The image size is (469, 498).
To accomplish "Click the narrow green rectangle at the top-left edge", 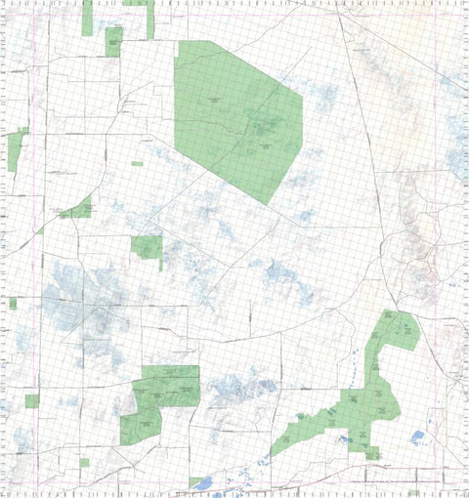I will point(87,18).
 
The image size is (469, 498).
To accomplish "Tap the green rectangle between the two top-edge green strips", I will point(113,41).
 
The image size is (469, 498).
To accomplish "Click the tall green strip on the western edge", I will point(15,151).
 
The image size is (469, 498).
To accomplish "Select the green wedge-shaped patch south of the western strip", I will point(79,209).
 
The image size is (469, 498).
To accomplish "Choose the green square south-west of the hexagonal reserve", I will point(147,248).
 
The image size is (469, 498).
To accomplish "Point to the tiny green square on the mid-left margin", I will point(13,304).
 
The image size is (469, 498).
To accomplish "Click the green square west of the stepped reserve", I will point(32,400).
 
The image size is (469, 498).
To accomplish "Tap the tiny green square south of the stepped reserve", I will point(84,462).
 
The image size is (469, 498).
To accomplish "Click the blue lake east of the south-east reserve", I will point(418,436).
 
